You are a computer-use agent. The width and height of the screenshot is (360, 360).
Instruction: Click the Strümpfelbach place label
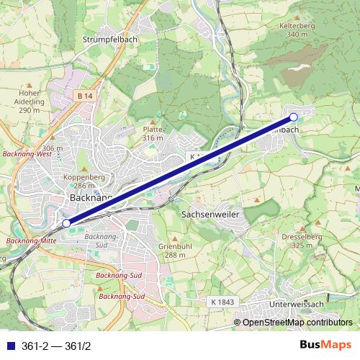[110, 39]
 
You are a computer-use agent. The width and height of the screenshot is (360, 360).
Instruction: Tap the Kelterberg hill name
[302, 25]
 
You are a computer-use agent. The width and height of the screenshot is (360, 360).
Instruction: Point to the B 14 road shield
[85, 95]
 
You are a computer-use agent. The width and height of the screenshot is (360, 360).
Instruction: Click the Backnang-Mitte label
[30, 240]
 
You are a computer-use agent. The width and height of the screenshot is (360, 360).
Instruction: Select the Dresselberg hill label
[302, 236]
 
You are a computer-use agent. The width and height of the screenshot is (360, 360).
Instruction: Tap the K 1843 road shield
[224, 302]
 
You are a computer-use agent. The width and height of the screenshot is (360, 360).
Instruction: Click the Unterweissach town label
[297, 305]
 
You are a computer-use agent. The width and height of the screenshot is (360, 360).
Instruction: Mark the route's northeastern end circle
[294, 117]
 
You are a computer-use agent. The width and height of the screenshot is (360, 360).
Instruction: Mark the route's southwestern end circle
[66, 223]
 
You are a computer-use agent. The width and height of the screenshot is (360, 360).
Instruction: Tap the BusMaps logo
[325, 345]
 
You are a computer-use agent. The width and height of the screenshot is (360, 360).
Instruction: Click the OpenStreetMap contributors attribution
[297, 323]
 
